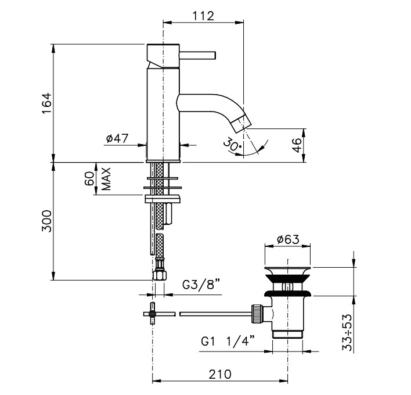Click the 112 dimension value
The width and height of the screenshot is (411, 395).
(202, 16)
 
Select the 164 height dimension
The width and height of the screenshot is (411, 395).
(48, 103)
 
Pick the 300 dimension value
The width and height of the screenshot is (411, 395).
(48, 221)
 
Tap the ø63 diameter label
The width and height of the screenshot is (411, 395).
(287, 239)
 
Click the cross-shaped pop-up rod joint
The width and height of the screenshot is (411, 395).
(153, 315)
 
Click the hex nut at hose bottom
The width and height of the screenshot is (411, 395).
(158, 272)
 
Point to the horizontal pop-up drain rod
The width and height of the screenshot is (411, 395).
(215, 314)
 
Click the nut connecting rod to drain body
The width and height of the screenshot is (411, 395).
(255, 314)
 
